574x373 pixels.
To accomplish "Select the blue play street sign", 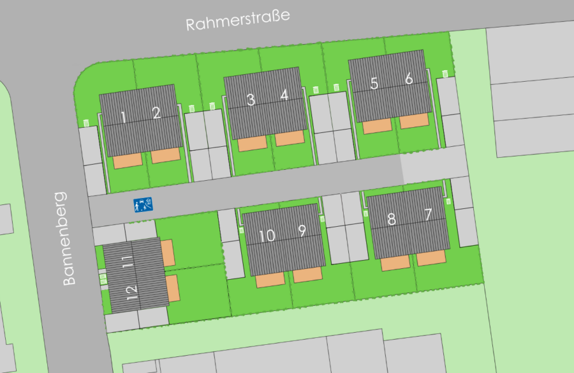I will [x=143, y=205].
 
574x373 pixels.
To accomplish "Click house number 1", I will [x=124, y=117].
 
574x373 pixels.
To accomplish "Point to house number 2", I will [x=156, y=113].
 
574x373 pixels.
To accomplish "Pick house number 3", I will [x=251, y=100].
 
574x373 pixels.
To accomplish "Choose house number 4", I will [x=284, y=96].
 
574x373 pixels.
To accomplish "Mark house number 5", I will [x=374, y=83].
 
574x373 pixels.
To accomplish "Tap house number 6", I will [x=409, y=79].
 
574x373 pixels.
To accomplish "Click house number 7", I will [x=428, y=215].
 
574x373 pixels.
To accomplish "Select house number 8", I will [x=392, y=219].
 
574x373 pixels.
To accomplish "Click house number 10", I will [x=267, y=235].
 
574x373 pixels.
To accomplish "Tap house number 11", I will [x=128, y=261].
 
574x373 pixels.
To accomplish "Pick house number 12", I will [x=133, y=293].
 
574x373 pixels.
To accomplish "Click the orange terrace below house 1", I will [x=128, y=161].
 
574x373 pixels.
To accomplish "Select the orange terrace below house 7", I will [x=431, y=257].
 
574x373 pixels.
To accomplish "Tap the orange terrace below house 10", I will [x=270, y=280].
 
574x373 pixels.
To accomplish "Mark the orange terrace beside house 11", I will [x=168, y=253].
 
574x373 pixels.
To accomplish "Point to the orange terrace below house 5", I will [x=377, y=126].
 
